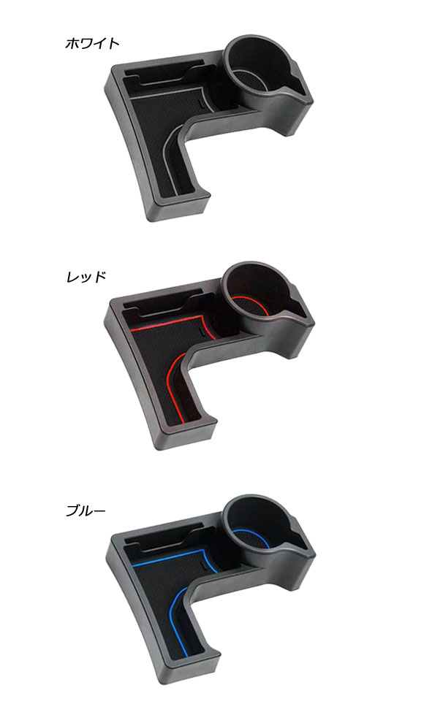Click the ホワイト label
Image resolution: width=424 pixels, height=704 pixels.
[92, 44]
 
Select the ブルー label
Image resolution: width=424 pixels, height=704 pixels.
[86, 510]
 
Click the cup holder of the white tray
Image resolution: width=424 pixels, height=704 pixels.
[257, 63]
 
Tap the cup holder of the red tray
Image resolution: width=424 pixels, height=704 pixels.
[257, 290]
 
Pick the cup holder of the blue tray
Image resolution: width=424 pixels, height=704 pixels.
[257, 524]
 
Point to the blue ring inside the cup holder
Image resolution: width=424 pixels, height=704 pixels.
[251, 535]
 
